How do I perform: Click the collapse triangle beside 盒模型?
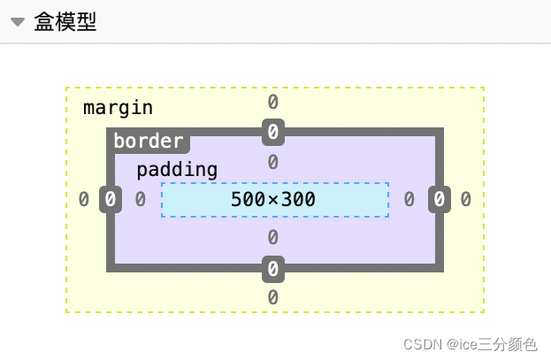18,22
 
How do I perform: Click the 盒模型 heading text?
65,22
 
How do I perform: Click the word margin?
118,108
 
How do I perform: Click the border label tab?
149,141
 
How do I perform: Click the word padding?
176,170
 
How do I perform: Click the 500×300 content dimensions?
273,200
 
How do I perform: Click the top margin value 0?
273,102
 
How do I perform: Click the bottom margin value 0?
273,297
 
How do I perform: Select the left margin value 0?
84,200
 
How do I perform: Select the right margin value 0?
465,200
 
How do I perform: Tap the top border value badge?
273,133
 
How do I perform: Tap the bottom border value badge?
273,268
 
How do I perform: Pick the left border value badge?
110,200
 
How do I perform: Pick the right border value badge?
440,200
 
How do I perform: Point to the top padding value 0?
273,162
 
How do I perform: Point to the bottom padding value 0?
273,237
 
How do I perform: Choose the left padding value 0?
140,200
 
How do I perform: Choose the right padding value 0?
409,200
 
